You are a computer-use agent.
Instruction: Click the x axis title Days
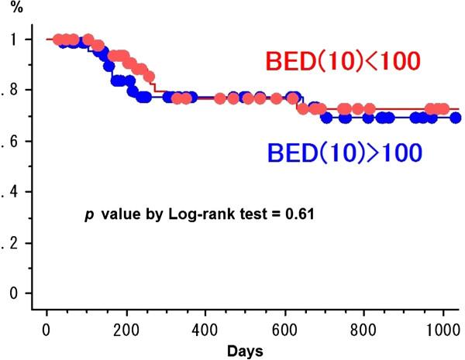[245, 350]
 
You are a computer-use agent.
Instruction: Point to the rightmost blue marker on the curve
[456, 118]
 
